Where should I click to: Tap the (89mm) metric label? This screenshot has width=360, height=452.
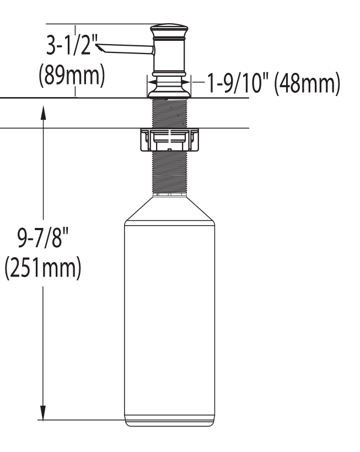click(71, 75)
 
